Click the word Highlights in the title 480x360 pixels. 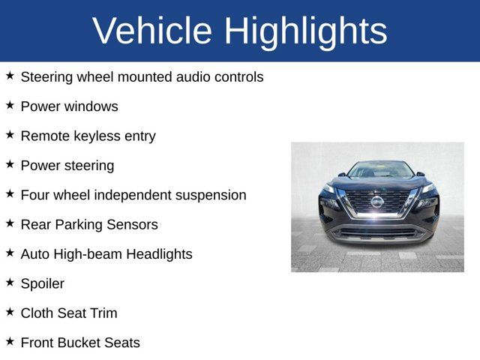(x=306, y=31)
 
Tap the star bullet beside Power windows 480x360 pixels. (x=10, y=105)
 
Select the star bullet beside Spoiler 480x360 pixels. (x=10, y=282)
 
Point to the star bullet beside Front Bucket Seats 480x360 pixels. (x=10, y=341)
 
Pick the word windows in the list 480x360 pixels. (x=91, y=106)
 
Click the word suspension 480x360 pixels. (x=211, y=195)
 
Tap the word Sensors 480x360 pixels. (x=133, y=224)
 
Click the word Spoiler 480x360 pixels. (x=43, y=283)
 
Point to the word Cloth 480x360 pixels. (x=37, y=313)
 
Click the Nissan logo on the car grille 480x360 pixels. (x=377, y=201)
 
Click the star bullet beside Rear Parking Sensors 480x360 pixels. (x=10, y=223)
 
